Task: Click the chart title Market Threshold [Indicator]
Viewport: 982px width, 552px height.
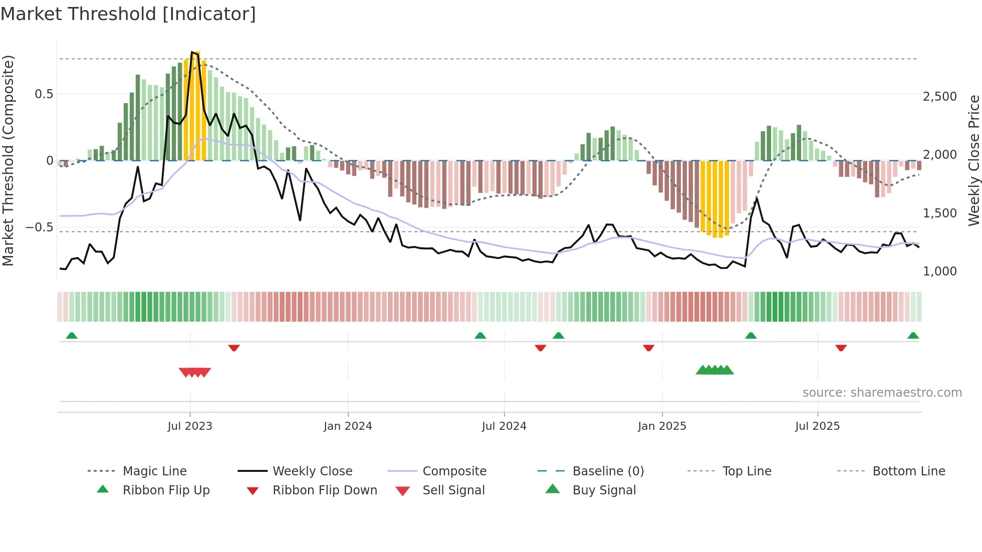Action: click(x=128, y=14)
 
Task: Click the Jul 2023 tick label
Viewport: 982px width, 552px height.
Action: click(x=190, y=426)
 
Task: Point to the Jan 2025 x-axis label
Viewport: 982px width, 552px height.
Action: click(x=662, y=426)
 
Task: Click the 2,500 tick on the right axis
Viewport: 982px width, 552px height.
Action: click(x=939, y=97)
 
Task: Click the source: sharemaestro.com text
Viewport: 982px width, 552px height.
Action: click(x=882, y=393)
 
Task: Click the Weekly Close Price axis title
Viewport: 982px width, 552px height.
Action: click(x=973, y=160)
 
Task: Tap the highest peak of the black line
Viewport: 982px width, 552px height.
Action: click(x=192, y=52)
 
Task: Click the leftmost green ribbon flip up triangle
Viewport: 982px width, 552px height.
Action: click(x=72, y=336)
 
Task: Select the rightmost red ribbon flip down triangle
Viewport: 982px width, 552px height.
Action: click(x=841, y=348)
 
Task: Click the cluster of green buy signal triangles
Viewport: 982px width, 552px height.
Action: click(x=714, y=370)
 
